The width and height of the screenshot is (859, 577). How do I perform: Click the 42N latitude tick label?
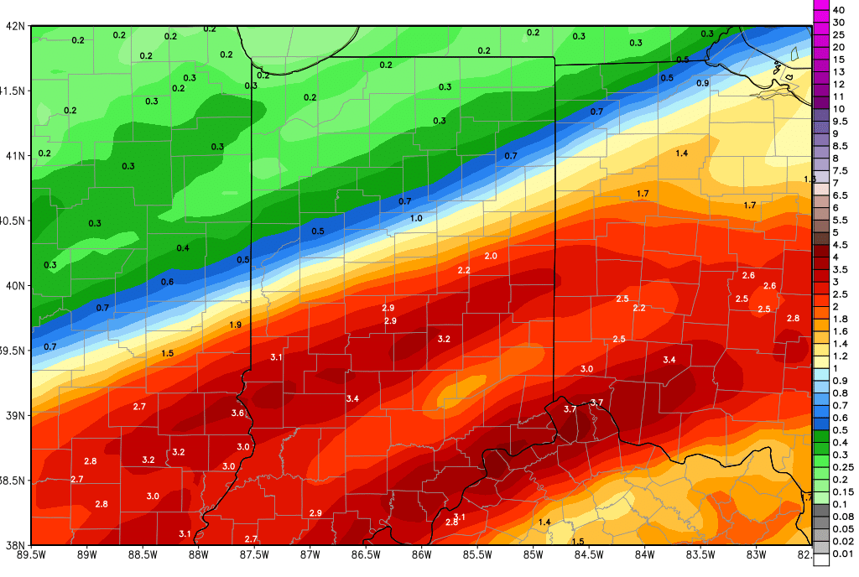point(14,25)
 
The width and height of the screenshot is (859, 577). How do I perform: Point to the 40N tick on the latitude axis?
point(14,286)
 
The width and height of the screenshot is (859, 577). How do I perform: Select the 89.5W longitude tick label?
point(31,554)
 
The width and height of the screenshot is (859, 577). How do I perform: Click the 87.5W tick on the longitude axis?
point(254,554)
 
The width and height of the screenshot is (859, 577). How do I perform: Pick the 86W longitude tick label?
point(421,554)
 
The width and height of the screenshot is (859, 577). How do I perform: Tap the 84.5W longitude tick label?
point(589,554)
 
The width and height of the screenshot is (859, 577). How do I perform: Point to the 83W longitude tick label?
point(756,554)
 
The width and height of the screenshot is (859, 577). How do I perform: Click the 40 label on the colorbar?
point(837,9)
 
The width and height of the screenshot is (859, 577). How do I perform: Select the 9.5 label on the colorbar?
point(840,121)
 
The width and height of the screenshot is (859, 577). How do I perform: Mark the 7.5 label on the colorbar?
point(840,170)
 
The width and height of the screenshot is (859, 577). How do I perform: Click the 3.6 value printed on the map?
point(237,413)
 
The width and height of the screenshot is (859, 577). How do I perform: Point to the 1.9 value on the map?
point(235,325)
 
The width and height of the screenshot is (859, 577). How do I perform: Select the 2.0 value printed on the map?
point(491,256)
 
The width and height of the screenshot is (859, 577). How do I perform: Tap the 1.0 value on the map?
point(416,219)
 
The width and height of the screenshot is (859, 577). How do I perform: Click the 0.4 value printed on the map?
point(183,248)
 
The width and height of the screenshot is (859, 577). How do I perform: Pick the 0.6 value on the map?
point(167,282)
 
